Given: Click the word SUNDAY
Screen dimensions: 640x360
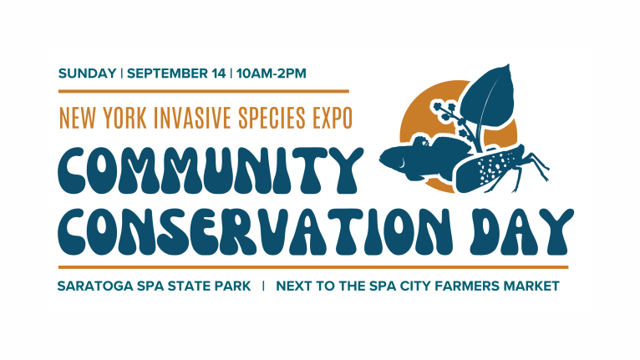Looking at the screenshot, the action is [88, 74].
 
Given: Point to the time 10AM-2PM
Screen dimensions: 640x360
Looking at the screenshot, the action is [271, 74].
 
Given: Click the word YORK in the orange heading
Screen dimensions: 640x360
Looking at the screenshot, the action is [124, 118].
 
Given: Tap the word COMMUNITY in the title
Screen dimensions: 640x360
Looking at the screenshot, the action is [211, 170].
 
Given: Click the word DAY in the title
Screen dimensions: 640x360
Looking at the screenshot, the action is [521, 232].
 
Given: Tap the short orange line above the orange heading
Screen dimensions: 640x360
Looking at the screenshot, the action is [204, 91].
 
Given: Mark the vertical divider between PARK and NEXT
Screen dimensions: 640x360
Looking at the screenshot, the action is [263, 286].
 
